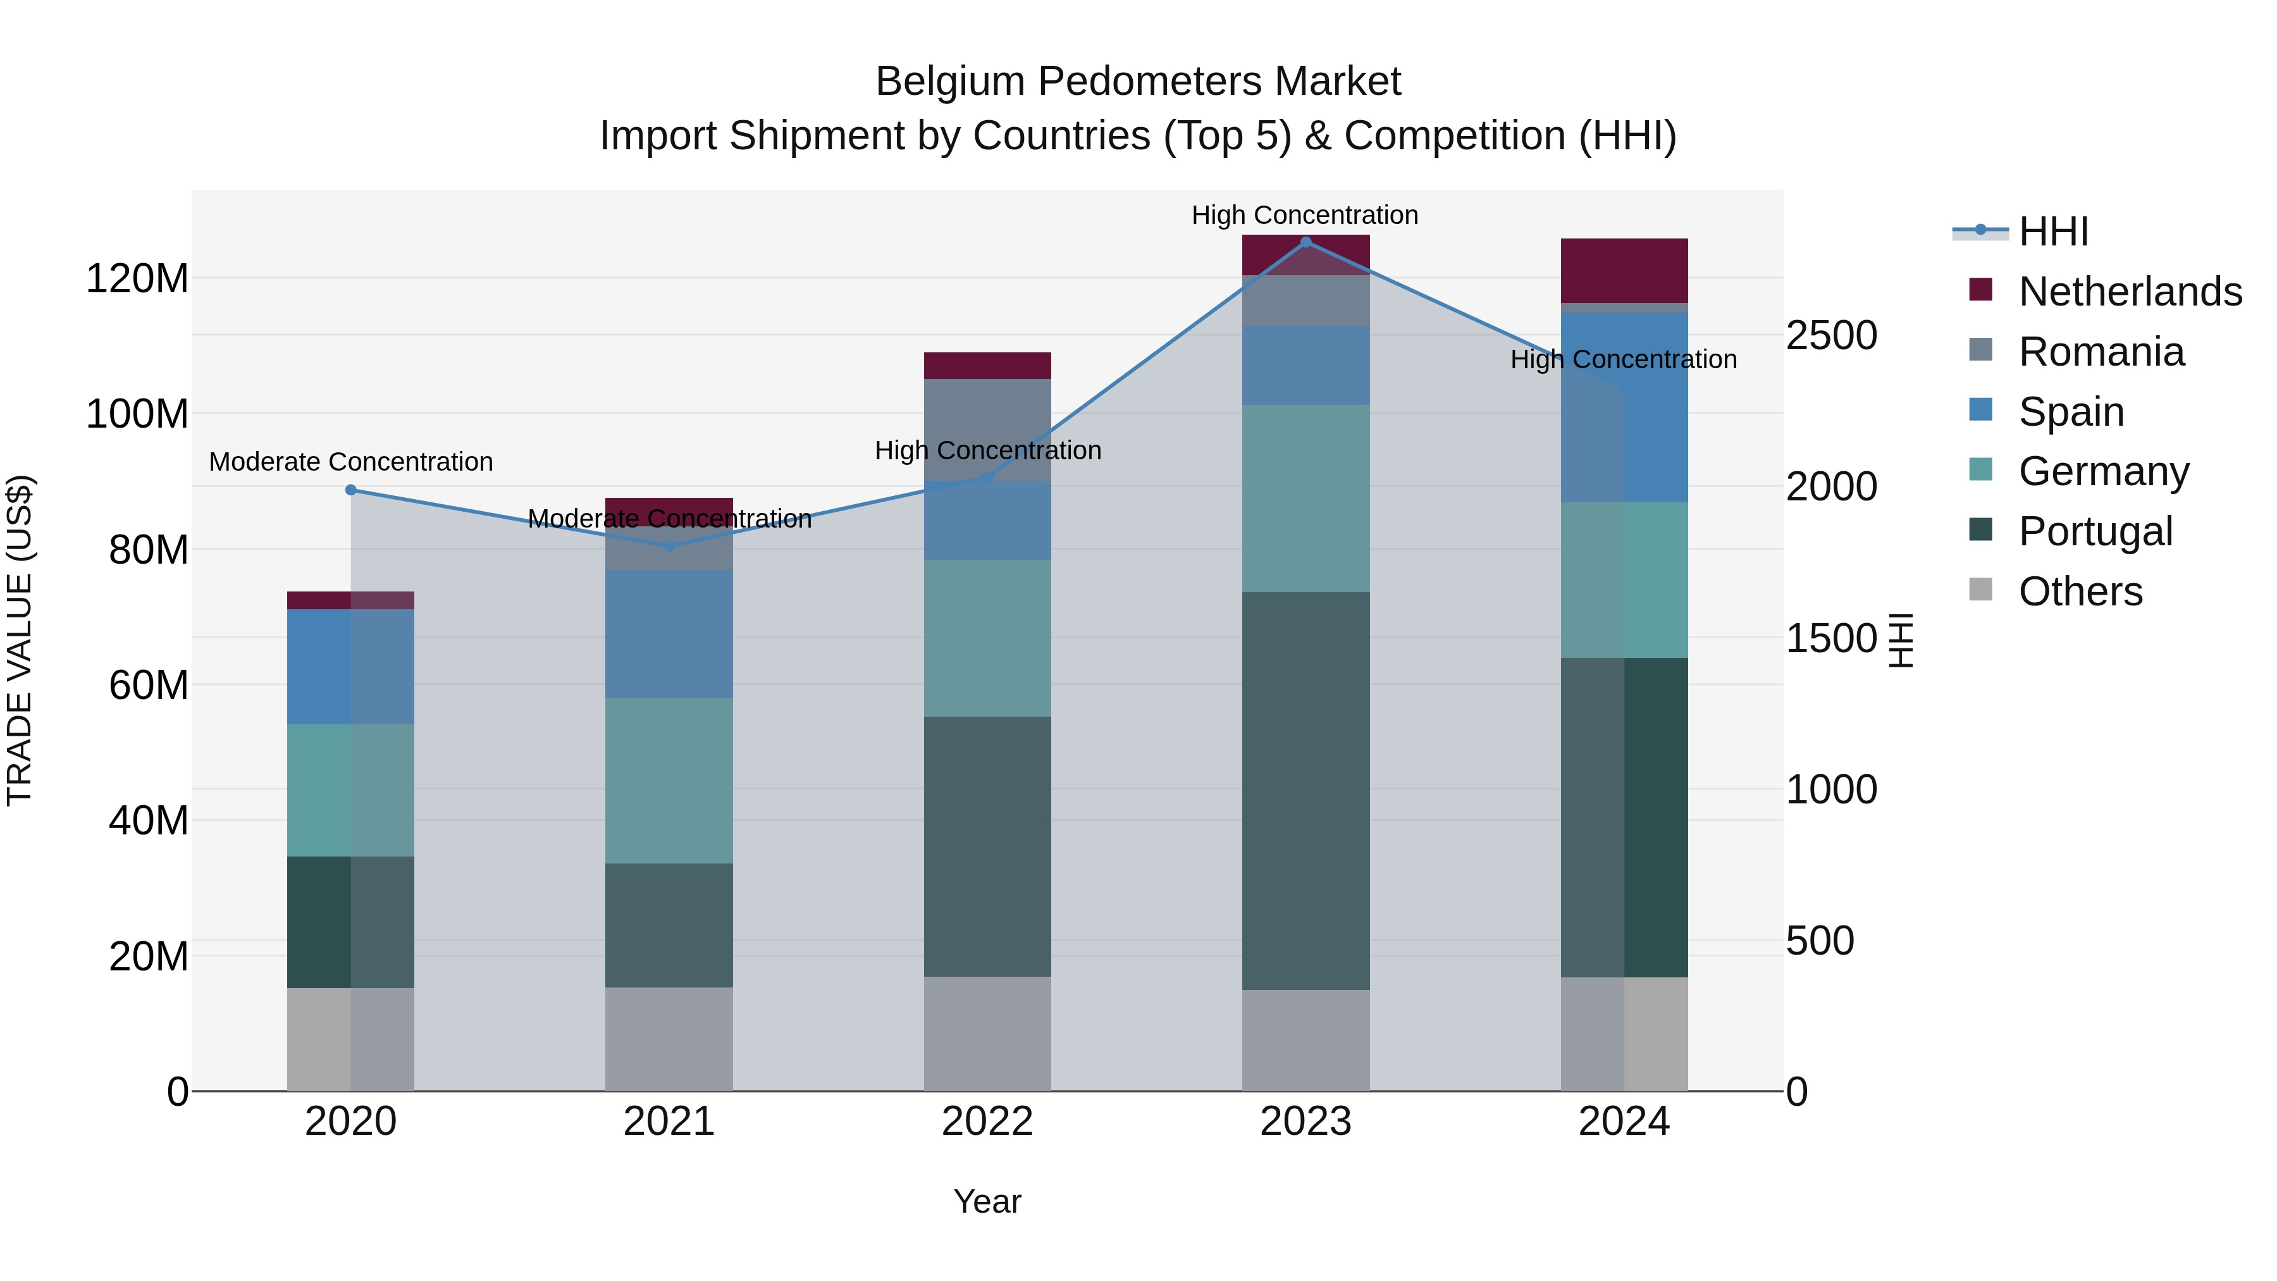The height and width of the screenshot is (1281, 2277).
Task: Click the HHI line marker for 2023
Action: point(1305,242)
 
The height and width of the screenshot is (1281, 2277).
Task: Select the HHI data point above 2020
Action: point(351,490)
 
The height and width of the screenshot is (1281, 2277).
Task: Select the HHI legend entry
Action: point(2053,232)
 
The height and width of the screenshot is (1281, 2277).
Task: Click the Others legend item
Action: point(2080,591)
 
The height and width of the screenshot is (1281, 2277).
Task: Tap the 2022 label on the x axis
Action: point(987,1122)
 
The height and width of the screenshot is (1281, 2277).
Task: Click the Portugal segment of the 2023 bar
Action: point(1305,791)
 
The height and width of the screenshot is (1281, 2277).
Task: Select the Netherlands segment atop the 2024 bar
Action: point(1624,271)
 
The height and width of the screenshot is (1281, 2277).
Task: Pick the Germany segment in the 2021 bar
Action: point(669,781)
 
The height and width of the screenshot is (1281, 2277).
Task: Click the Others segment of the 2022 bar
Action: point(987,1034)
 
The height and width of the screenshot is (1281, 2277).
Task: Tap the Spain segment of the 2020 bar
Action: point(351,667)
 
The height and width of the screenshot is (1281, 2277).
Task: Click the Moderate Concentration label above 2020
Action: point(351,462)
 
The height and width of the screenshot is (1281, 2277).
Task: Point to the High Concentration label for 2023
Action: point(1305,216)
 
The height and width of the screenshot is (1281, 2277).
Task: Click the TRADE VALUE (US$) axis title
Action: point(20,641)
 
